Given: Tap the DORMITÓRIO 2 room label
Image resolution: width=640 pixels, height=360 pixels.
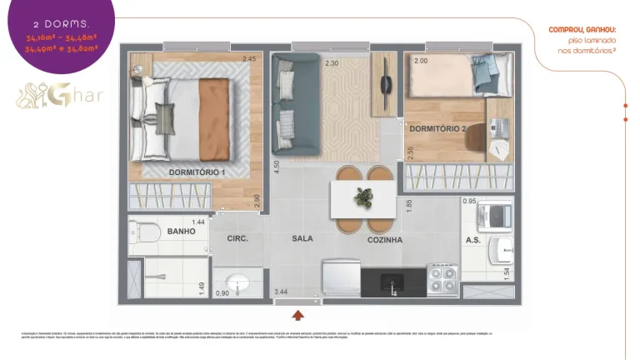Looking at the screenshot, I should point(437,129).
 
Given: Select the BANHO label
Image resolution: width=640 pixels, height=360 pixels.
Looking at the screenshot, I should point(181,231).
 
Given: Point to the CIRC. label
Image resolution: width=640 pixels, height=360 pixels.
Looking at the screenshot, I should point(238,238).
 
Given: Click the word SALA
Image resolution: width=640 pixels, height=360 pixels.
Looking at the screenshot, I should point(302,238).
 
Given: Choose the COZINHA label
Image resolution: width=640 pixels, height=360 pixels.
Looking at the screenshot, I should point(385,240).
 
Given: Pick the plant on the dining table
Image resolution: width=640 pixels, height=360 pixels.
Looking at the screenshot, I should point(362,197).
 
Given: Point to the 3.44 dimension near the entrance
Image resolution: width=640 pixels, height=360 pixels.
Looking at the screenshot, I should point(282,292).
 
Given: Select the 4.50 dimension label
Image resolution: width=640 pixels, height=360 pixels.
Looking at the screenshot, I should point(277,167).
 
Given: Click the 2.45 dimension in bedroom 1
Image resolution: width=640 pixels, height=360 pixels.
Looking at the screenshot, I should point(248,59).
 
